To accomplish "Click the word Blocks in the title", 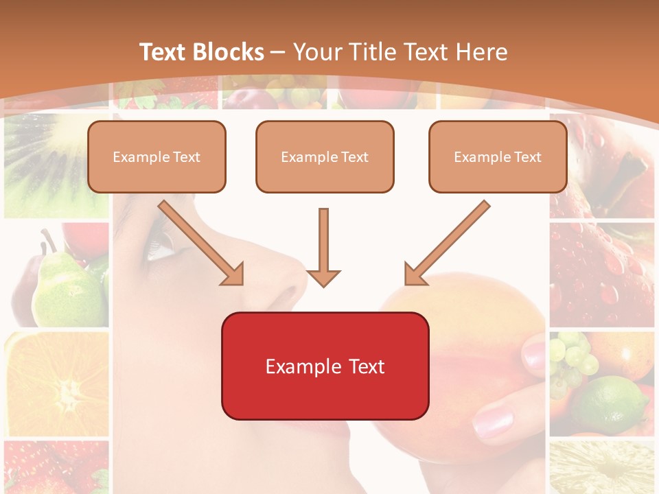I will point(230,52).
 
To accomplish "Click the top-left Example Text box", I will point(157,157).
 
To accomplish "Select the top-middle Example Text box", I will point(325,157).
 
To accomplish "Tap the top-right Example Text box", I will point(498,157).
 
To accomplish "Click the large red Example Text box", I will point(325,366).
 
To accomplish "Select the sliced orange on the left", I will point(58,384).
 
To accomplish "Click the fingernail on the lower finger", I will point(492,421).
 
